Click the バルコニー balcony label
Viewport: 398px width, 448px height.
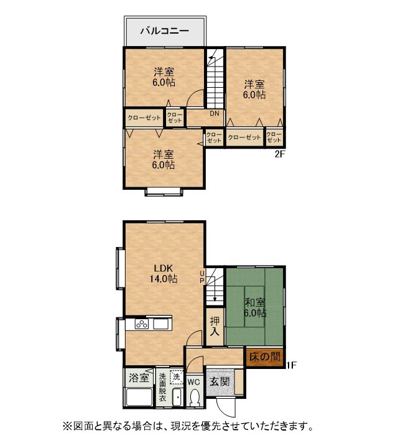point(165,30)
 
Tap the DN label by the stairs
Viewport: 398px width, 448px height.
point(215,113)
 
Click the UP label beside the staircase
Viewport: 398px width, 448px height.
point(202,276)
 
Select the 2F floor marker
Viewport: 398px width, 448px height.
point(280,154)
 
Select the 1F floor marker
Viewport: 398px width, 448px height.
point(292,365)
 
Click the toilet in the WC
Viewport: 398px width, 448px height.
point(195,396)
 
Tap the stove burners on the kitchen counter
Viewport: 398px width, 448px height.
point(142,324)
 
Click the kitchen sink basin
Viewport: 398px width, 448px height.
point(161,324)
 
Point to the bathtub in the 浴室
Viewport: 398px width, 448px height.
point(139,396)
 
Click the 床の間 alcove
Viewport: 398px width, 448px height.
point(265,357)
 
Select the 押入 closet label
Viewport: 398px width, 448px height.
point(215,326)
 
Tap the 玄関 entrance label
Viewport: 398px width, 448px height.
point(220,381)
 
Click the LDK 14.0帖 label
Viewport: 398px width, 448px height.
point(164,273)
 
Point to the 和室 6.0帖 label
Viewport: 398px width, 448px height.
point(255,308)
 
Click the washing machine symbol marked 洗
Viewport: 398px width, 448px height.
point(177,377)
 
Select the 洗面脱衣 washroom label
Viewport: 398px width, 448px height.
point(162,387)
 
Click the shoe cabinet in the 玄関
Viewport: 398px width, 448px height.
point(239,382)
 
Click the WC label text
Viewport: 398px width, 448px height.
point(194,381)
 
